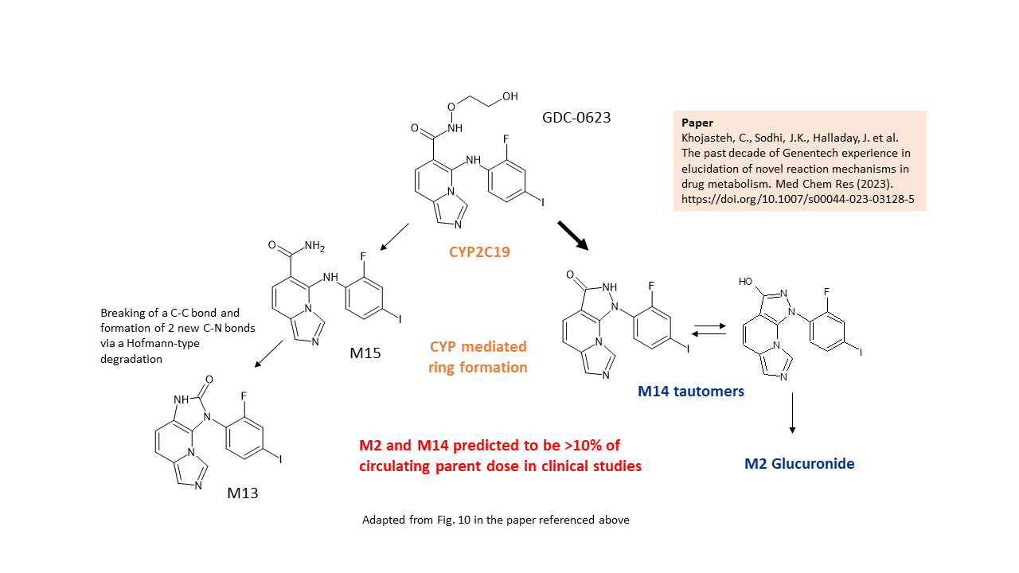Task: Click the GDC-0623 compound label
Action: click(x=576, y=118)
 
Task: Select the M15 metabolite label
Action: click(x=365, y=352)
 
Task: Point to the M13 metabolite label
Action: click(x=243, y=493)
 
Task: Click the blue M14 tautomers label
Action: click(x=690, y=391)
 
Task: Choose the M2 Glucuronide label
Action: click(x=799, y=463)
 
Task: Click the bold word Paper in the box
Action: click(x=697, y=123)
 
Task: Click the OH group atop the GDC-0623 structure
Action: click(x=509, y=96)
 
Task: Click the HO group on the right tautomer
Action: click(x=746, y=282)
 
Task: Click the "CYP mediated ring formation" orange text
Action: click(x=478, y=357)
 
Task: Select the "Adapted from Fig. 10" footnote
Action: click(x=495, y=520)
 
